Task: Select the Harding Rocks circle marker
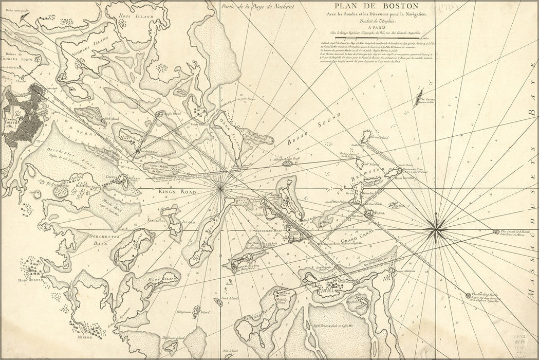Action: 468,295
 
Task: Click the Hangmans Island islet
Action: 196,311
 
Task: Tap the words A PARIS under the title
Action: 379,27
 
